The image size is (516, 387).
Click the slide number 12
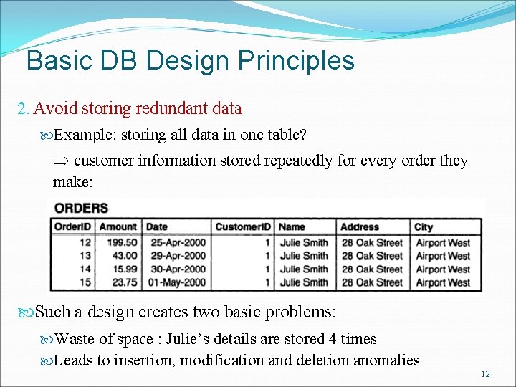pos(485,374)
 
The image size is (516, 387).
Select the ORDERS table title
pos(81,209)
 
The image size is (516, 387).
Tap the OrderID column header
pos(72,227)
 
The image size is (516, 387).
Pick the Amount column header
pos(118,227)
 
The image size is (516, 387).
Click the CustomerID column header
pos(243,227)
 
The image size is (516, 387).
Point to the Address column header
pos(360,227)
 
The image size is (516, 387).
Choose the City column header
pos(424,227)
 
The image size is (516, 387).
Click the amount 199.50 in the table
pos(121,242)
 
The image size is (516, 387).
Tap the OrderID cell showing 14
pos(85,269)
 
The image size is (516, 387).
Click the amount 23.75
pos(124,282)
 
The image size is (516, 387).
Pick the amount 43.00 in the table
pos(124,256)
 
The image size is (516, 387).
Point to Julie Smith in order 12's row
pos(304,242)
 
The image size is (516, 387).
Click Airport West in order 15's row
pos(443,282)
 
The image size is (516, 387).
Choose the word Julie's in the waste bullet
pos(189,339)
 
